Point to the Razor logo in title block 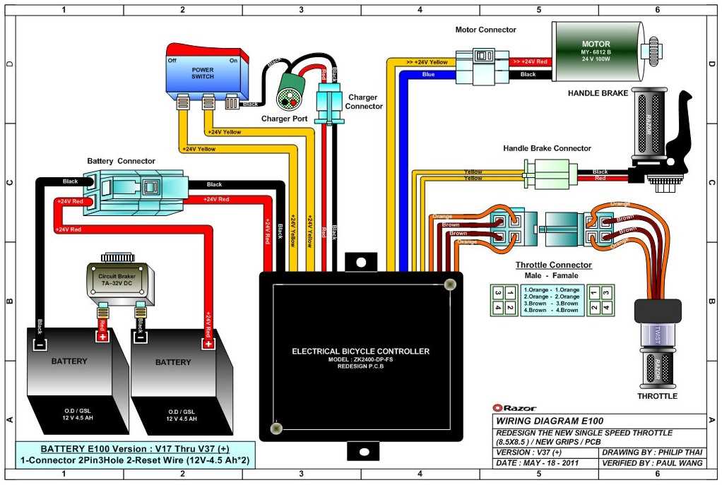515,407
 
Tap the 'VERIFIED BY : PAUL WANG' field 653,463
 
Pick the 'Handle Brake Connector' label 547,148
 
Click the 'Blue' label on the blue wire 428,73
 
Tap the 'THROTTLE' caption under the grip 657,396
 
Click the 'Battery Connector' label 121,161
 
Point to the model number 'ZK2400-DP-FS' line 360,359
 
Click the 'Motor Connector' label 485,30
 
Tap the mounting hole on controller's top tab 361,262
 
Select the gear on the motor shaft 653,49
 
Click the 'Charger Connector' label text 364,102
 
